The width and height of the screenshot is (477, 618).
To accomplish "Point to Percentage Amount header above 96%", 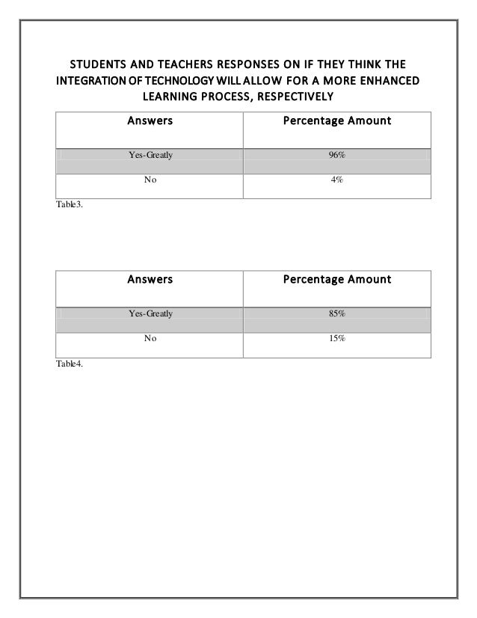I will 336,120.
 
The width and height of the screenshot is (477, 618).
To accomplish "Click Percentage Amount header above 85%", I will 336,280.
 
